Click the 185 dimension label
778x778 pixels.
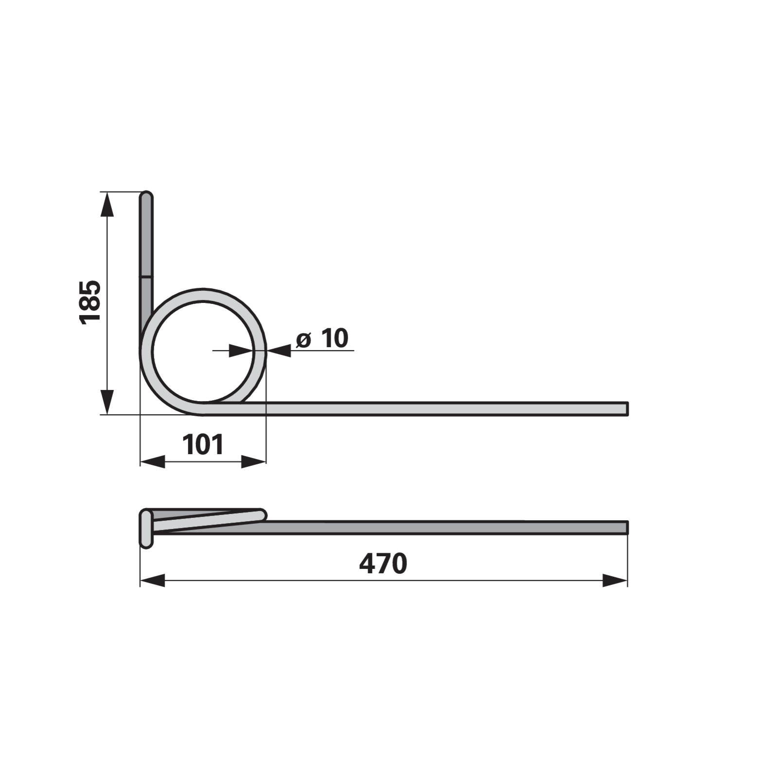tap(90, 301)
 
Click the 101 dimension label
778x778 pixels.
tap(203, 444)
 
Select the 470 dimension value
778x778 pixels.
tap(383, 564)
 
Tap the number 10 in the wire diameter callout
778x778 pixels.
tap(335, 338)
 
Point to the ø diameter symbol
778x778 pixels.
tap(303, 339)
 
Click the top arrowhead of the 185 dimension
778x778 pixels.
tap(107, 204)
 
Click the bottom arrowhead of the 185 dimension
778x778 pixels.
tap(107, 402)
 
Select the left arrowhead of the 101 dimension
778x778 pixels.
tap(152, 462)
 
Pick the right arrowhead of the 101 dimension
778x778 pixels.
tap(254, 462)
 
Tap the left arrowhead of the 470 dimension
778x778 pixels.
tap(152, 580)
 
